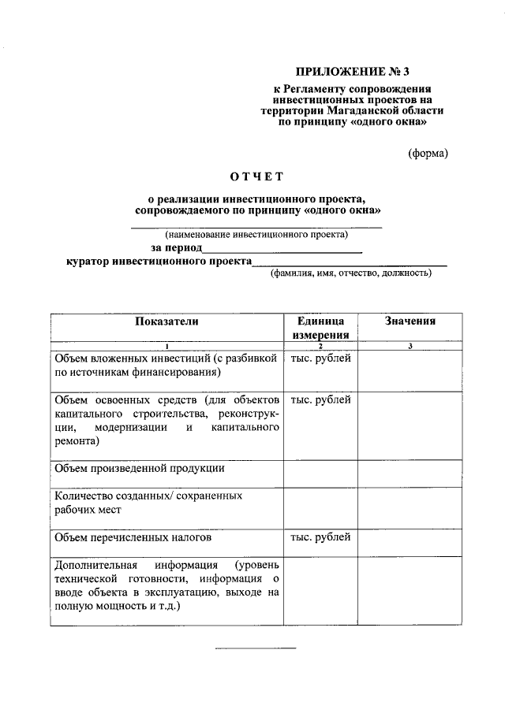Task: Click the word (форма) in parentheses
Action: [x=428, y=153]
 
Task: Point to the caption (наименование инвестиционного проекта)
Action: [x=256, y=234]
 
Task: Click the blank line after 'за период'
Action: [x=282, y=250]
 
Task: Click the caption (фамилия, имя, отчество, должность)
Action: [x=350, y=274]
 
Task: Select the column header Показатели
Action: [x=166, y=321]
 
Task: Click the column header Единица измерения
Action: [x=320, y=328]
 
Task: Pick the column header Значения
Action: [x=410, y=321]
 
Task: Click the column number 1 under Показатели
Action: [x=166, y=347]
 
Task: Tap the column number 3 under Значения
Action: [x=410, y=347]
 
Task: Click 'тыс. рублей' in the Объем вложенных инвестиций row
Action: [x=320, y=358]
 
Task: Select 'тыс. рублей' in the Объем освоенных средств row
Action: [x=320, y=400]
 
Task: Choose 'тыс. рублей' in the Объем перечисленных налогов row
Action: [x=320, y=538]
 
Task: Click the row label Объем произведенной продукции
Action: [x=139, y=468]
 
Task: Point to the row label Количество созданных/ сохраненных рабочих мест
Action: [x=148, y=503]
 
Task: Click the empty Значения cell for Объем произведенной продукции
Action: [x=410, y=473]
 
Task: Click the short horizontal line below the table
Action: [x=256, y=648]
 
